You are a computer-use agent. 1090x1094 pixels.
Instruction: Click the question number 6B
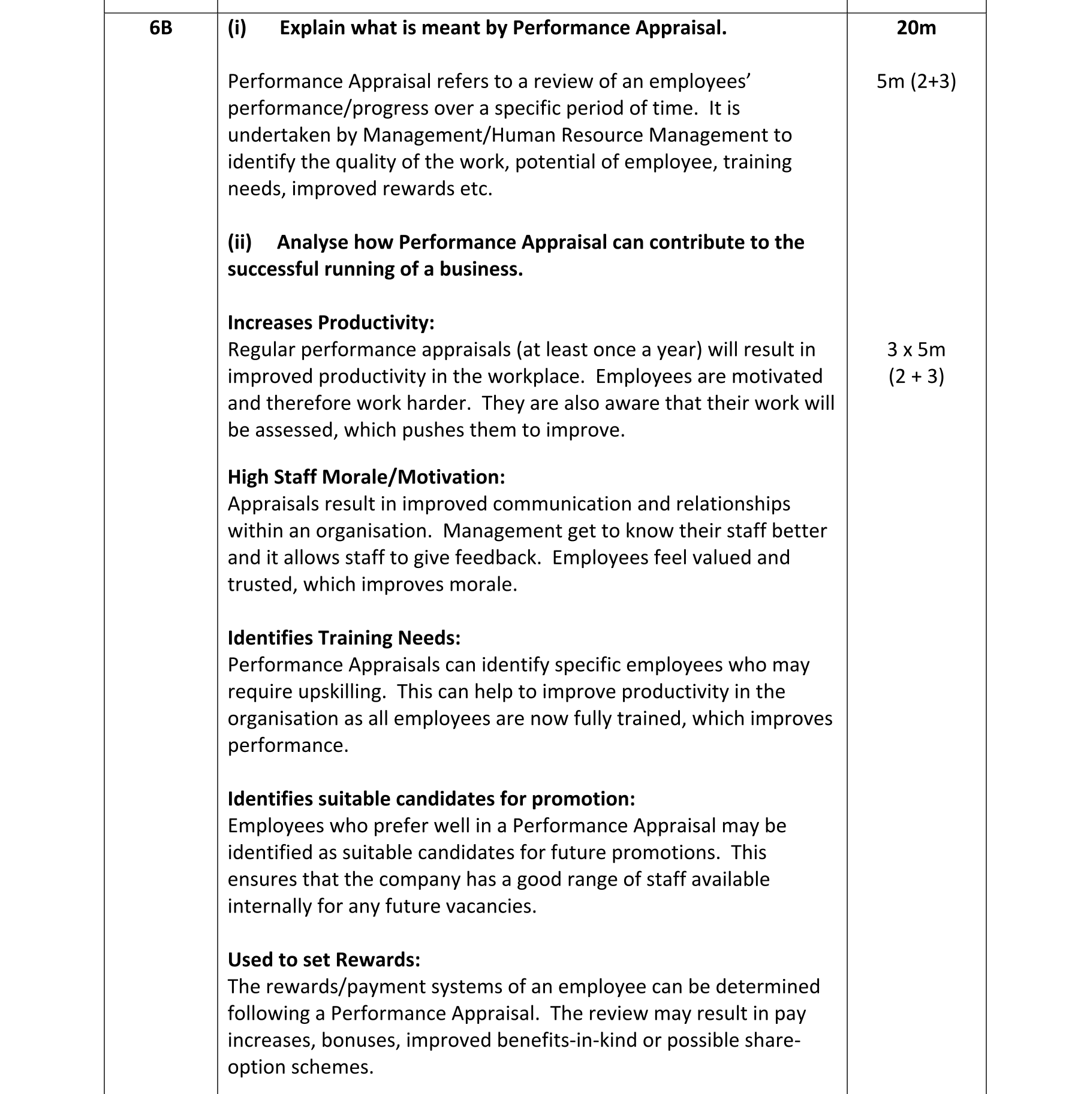[x=161, y=28]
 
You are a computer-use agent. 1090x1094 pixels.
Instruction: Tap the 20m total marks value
[x=916, y=28]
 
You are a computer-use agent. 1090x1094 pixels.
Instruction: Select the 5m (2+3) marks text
[x=916, y=81]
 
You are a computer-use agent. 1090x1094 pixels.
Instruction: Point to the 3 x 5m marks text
[x=916, y=349]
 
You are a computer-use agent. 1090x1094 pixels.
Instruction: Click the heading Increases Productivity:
[x=331, y=322]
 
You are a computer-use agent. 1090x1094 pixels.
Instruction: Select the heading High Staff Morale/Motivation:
[x=366, y=477]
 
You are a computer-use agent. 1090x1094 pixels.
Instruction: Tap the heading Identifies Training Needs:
[x=344, y=637]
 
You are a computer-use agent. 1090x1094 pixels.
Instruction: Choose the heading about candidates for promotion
[x=431, y=799]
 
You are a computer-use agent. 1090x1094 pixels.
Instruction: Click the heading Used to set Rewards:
[x=324, y=960]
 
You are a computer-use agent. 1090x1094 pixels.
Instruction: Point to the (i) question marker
[x=237, y=28]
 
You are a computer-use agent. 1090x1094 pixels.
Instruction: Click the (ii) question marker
[x=240, y=242]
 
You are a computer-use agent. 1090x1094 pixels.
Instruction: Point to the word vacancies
[x=491, y=906]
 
